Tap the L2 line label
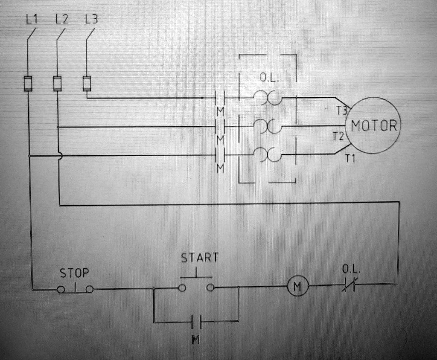pos(61,19)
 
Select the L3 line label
pos(91,19)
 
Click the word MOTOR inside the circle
pos(374,126)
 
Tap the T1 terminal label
pos(350,159)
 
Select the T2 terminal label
pos(338,136)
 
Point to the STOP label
pos(74,272)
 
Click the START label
pos(200,258)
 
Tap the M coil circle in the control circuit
pos(298,286)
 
